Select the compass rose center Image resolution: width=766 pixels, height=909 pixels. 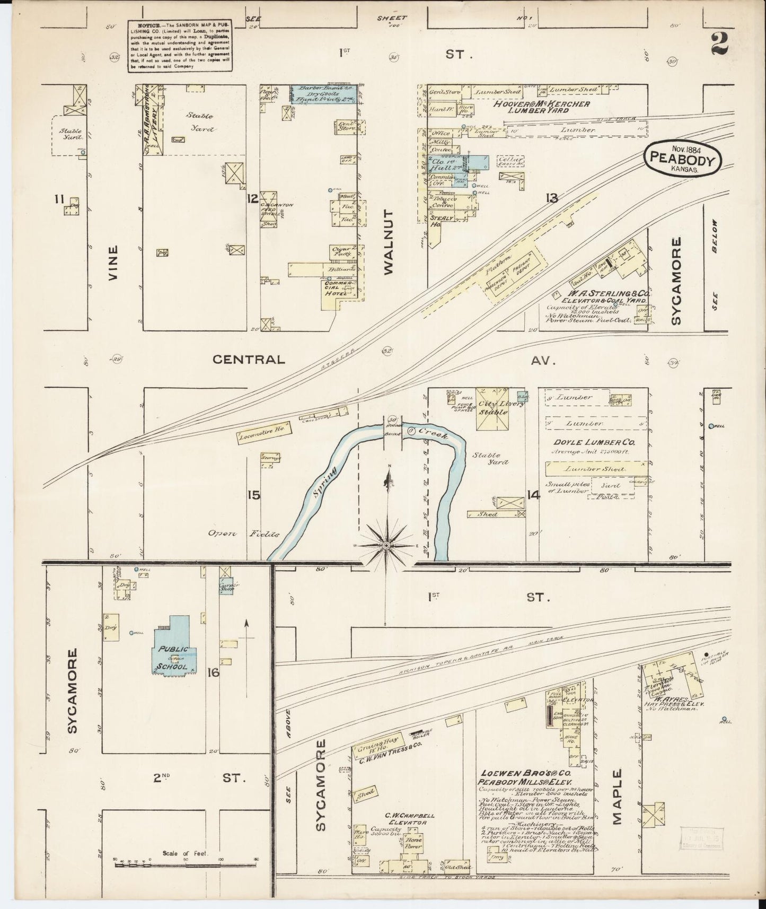(x=386, y=546)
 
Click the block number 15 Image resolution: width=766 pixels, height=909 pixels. (x=253, y=495)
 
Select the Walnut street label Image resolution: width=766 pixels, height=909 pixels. (x=389, y=242)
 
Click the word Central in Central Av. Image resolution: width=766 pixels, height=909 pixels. (x=249, y=360)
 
